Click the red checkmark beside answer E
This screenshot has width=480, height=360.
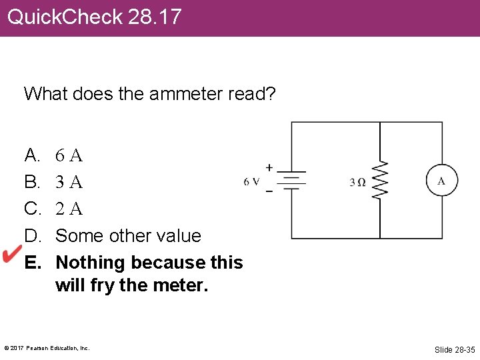tap(13, 253)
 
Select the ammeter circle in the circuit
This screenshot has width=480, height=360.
tap(442, 180)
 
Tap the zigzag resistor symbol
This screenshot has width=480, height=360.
tap(380, 180)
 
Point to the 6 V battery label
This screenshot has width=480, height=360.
tap(252, 181)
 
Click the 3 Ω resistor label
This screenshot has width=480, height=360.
tap(358, 182)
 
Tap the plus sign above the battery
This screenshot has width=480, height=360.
tap(269, 167)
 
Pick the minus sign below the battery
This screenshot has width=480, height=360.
tap(269, 191)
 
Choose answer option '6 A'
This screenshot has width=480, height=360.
tap(69, 156)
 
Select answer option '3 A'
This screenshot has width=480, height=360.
tap(69, 182)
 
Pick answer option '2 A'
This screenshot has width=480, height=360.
tap(69, 209)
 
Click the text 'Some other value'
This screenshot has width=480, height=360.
tap(128, 235)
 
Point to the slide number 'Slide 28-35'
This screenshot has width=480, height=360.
tap(455, 349)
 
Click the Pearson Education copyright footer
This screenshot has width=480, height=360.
tap(47, 348)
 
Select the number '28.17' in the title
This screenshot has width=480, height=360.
tap(155, 17)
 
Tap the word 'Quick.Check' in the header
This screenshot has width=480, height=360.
tap(65, 17)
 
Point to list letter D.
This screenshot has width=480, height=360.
tap(32, 235)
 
